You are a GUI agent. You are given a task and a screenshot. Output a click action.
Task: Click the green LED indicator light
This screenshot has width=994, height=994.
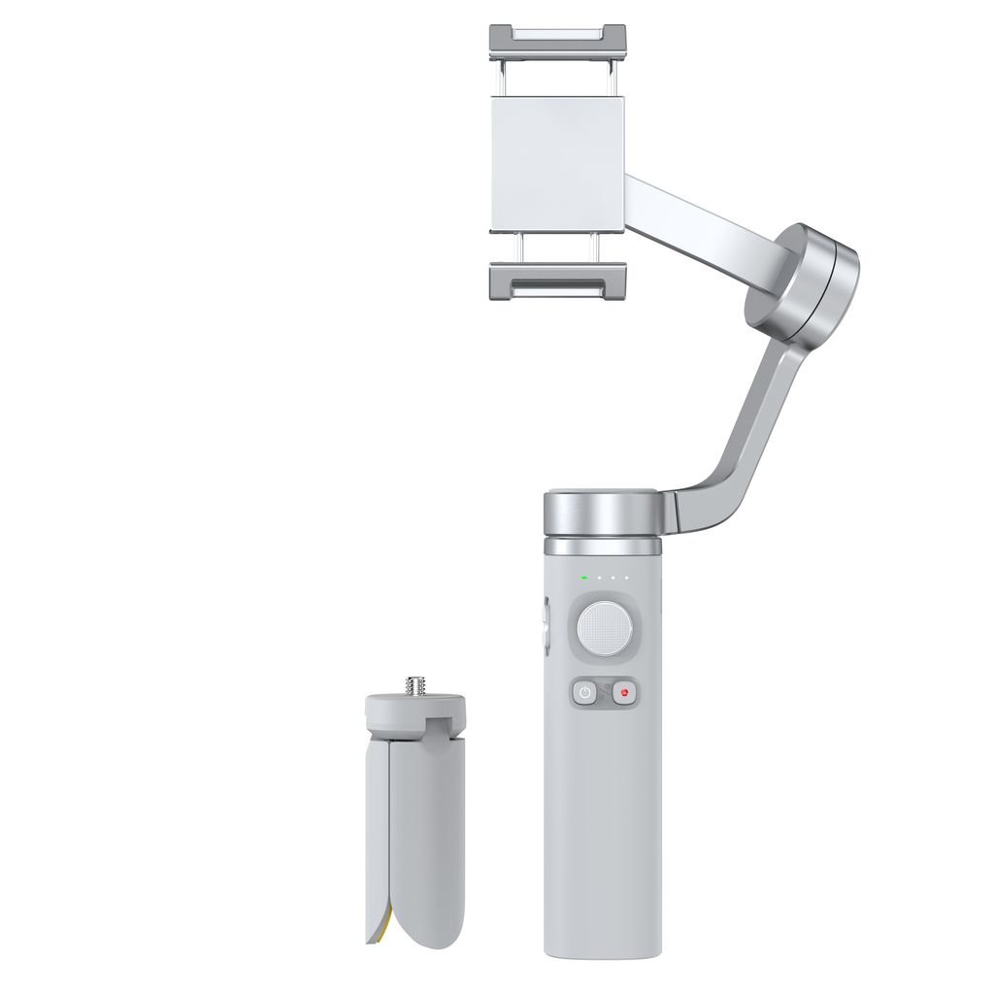point(584,579)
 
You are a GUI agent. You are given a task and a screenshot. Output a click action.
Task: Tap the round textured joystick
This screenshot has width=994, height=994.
point(605,628)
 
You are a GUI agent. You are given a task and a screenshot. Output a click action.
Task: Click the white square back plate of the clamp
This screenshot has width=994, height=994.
point(557,165)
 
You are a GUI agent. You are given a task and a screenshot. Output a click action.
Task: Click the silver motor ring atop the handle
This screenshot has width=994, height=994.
point(604,512)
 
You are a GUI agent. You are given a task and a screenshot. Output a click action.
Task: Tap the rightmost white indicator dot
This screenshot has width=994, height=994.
point(627,579)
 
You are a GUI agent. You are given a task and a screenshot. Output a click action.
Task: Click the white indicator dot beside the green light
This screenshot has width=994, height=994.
point(599,579)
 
